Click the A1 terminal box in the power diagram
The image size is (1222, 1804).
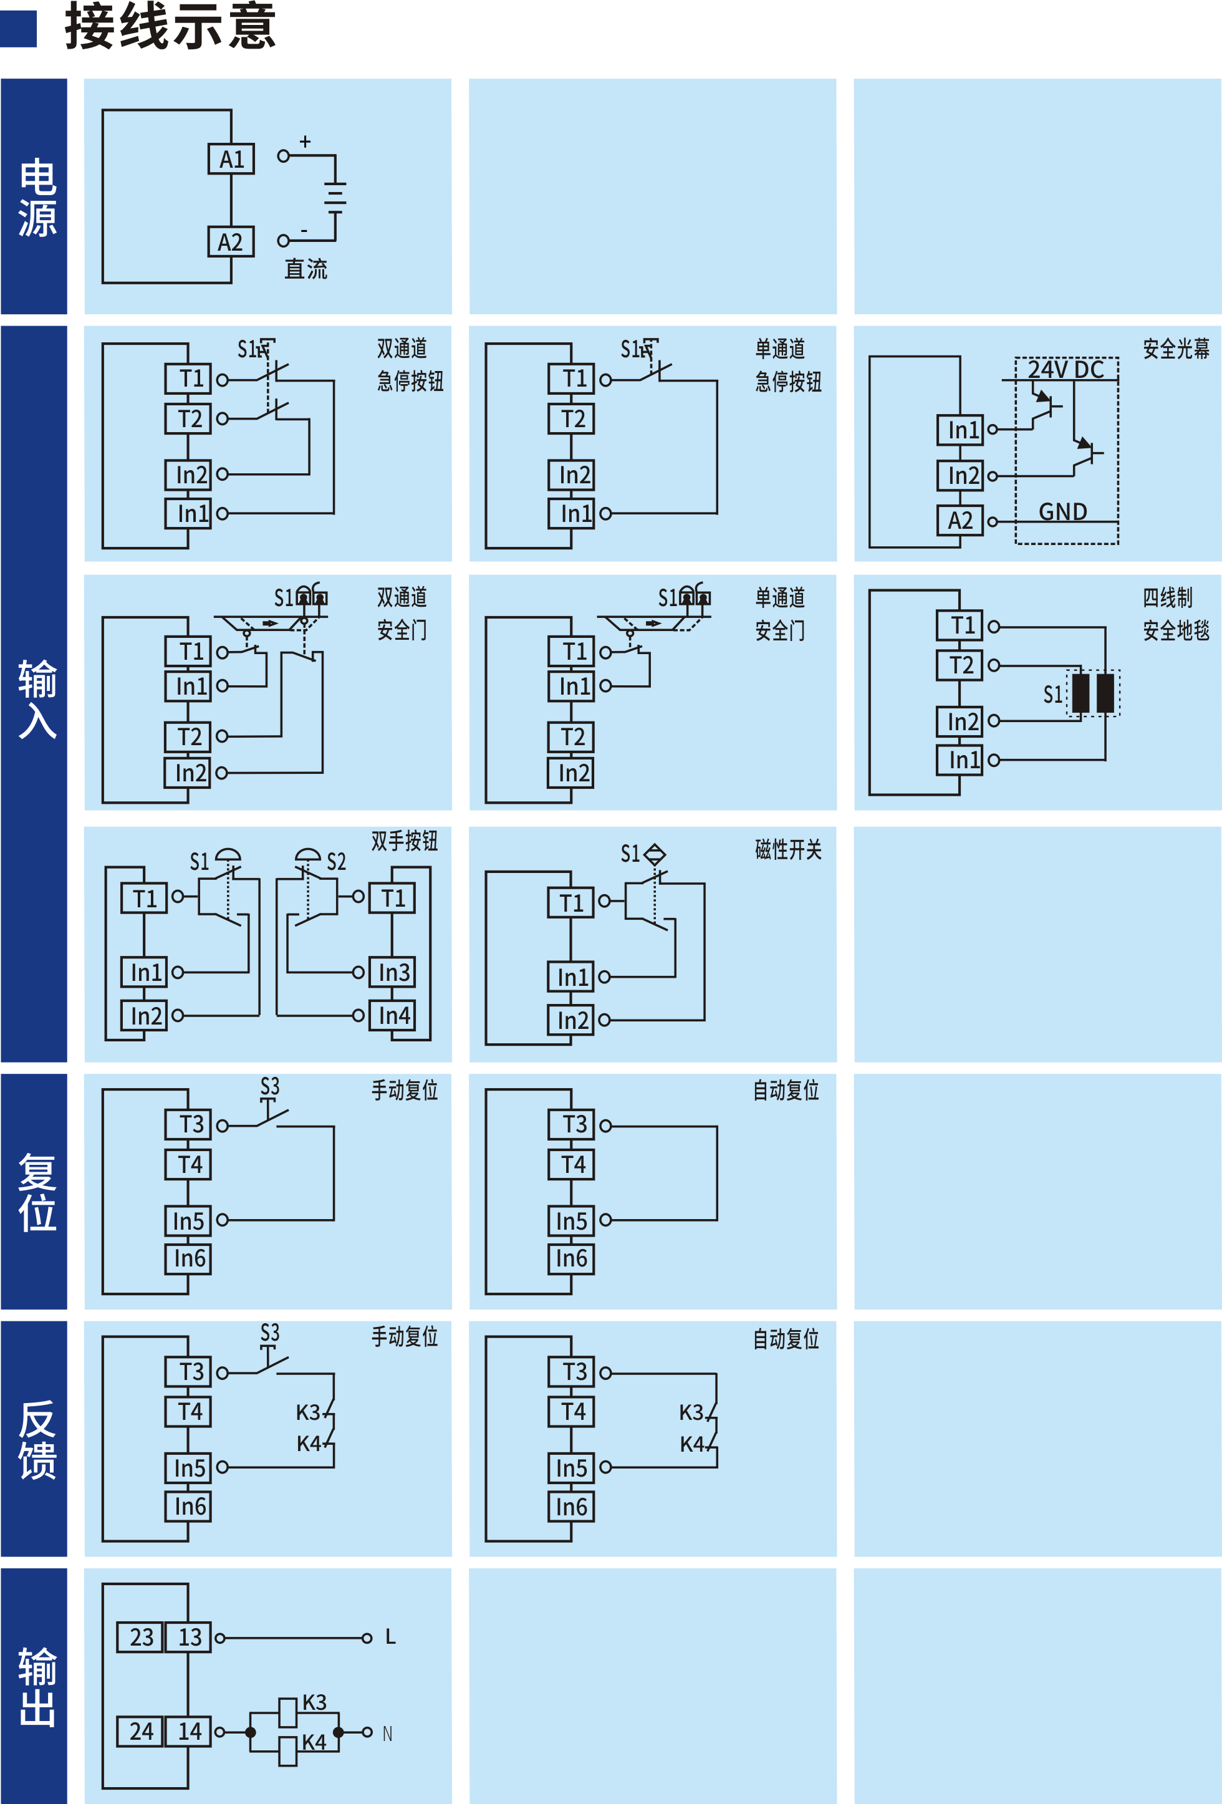pyautogui.click(x=231, y=159)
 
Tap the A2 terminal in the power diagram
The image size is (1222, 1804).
pyautogui.click(x=231, y=241)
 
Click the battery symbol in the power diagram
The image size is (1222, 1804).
pyautogui.click(x=335, y=197)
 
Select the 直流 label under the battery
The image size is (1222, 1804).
pyautogui.click(x=305, y=269)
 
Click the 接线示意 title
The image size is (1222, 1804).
pyautogui.click(x=171, y=26)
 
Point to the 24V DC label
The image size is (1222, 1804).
pyautogui.click(x=1066, y=370)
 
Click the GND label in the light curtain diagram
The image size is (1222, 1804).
pyautogui.click(x=1063, y=511)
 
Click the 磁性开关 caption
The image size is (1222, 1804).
pyautogui.click(x=788, y=849)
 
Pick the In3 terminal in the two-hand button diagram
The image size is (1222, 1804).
pyautogui.click(x=393, y=972)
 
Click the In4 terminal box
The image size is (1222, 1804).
pyautogui.click(x=393, y=1015)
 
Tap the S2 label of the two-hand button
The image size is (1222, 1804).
pyautogui.click(x=336, y=862)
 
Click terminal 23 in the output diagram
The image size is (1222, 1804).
pyautogui.click(x=140, y=1636)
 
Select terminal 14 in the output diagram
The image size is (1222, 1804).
pyautogui.click(x=188, y=1731)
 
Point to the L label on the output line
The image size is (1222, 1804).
pyautogui.click(x=390, y=1637)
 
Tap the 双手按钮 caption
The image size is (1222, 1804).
pyautogui.click(x=404, y=841)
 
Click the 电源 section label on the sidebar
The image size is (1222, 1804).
pyautogui.click(x=37, y=198)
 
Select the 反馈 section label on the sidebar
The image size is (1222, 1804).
pyautogui.click(x=37, y=1440)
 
